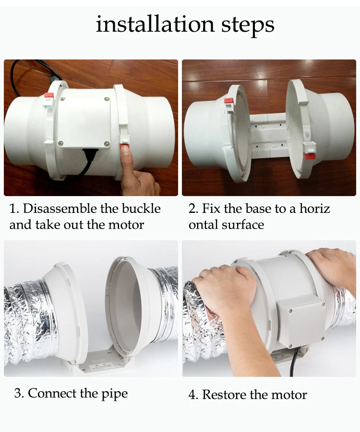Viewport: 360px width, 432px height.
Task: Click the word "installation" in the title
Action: [x=156, y=24]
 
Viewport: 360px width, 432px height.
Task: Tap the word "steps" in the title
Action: [x=248, y=25]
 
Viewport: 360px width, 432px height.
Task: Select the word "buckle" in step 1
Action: [x=141, y=209]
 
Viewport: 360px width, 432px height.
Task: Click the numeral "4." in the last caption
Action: [x=193, y=395]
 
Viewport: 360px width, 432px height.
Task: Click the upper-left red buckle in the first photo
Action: [x=49, y=95]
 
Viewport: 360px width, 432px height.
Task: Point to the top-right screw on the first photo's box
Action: [x=107, y=100]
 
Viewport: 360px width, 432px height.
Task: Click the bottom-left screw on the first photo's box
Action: [x=60, y=143]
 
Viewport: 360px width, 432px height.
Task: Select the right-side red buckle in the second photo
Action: [x=310, y=156]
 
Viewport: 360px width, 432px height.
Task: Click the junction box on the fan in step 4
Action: [x=301, y=320]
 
